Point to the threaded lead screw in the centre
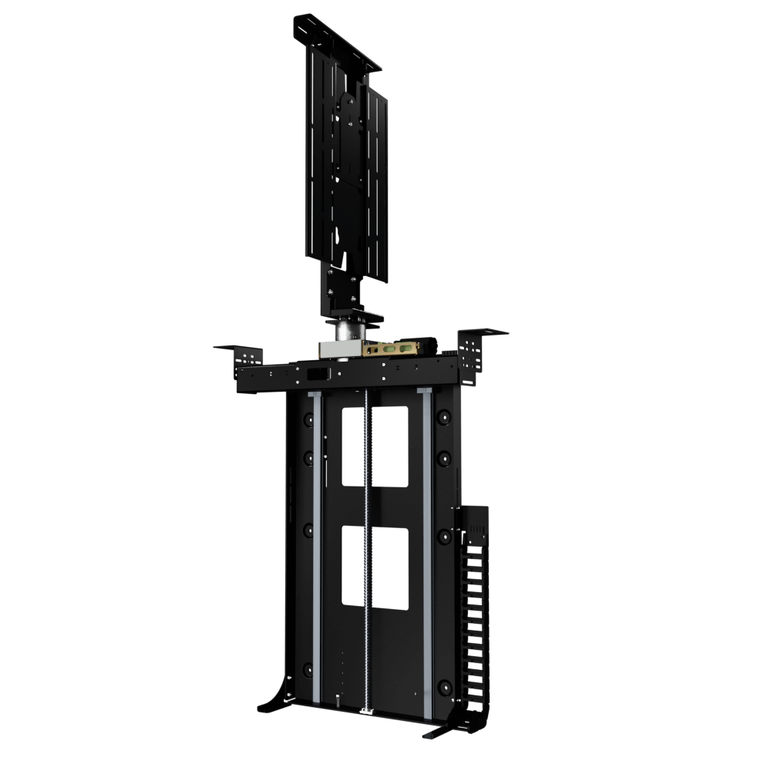(x=368, y=540)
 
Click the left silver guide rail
(x=316, y=547)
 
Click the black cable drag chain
(x=472, y=617)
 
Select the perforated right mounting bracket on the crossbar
(x=472, y=356)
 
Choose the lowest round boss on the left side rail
(x=308, y=668)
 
